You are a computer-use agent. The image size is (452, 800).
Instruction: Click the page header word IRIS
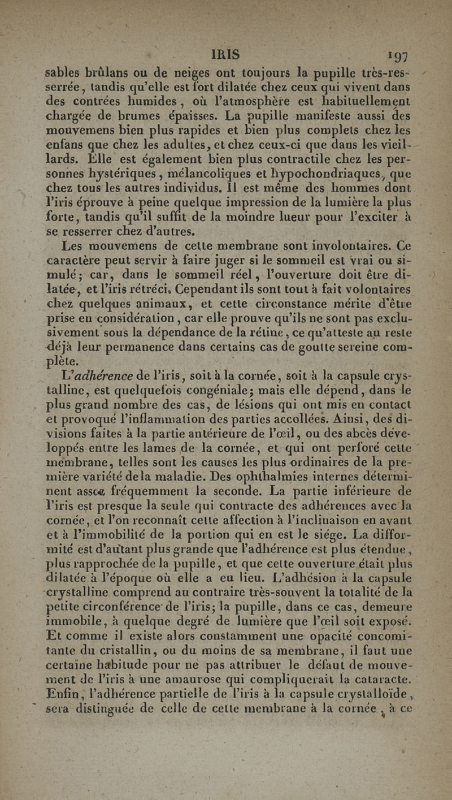225,54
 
